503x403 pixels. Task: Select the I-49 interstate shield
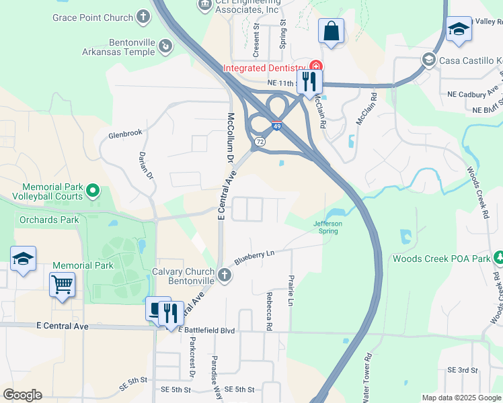[x=276, y=126]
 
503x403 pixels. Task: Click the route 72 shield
[x=260, y=142]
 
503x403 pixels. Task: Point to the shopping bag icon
[x=331, y=31]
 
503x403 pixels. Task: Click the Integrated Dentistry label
[x=264, y=67]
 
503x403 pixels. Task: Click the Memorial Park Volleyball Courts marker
[x=93, y=191]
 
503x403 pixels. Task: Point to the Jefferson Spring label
[x=327, y=227]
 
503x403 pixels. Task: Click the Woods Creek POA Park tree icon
[x=498, y=258]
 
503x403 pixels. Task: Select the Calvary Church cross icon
[x=225, y=275]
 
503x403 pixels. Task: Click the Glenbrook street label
[x=126, y=134]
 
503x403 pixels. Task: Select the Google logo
[x=22, y=395]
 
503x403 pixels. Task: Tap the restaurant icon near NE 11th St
[x=309, y=82]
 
